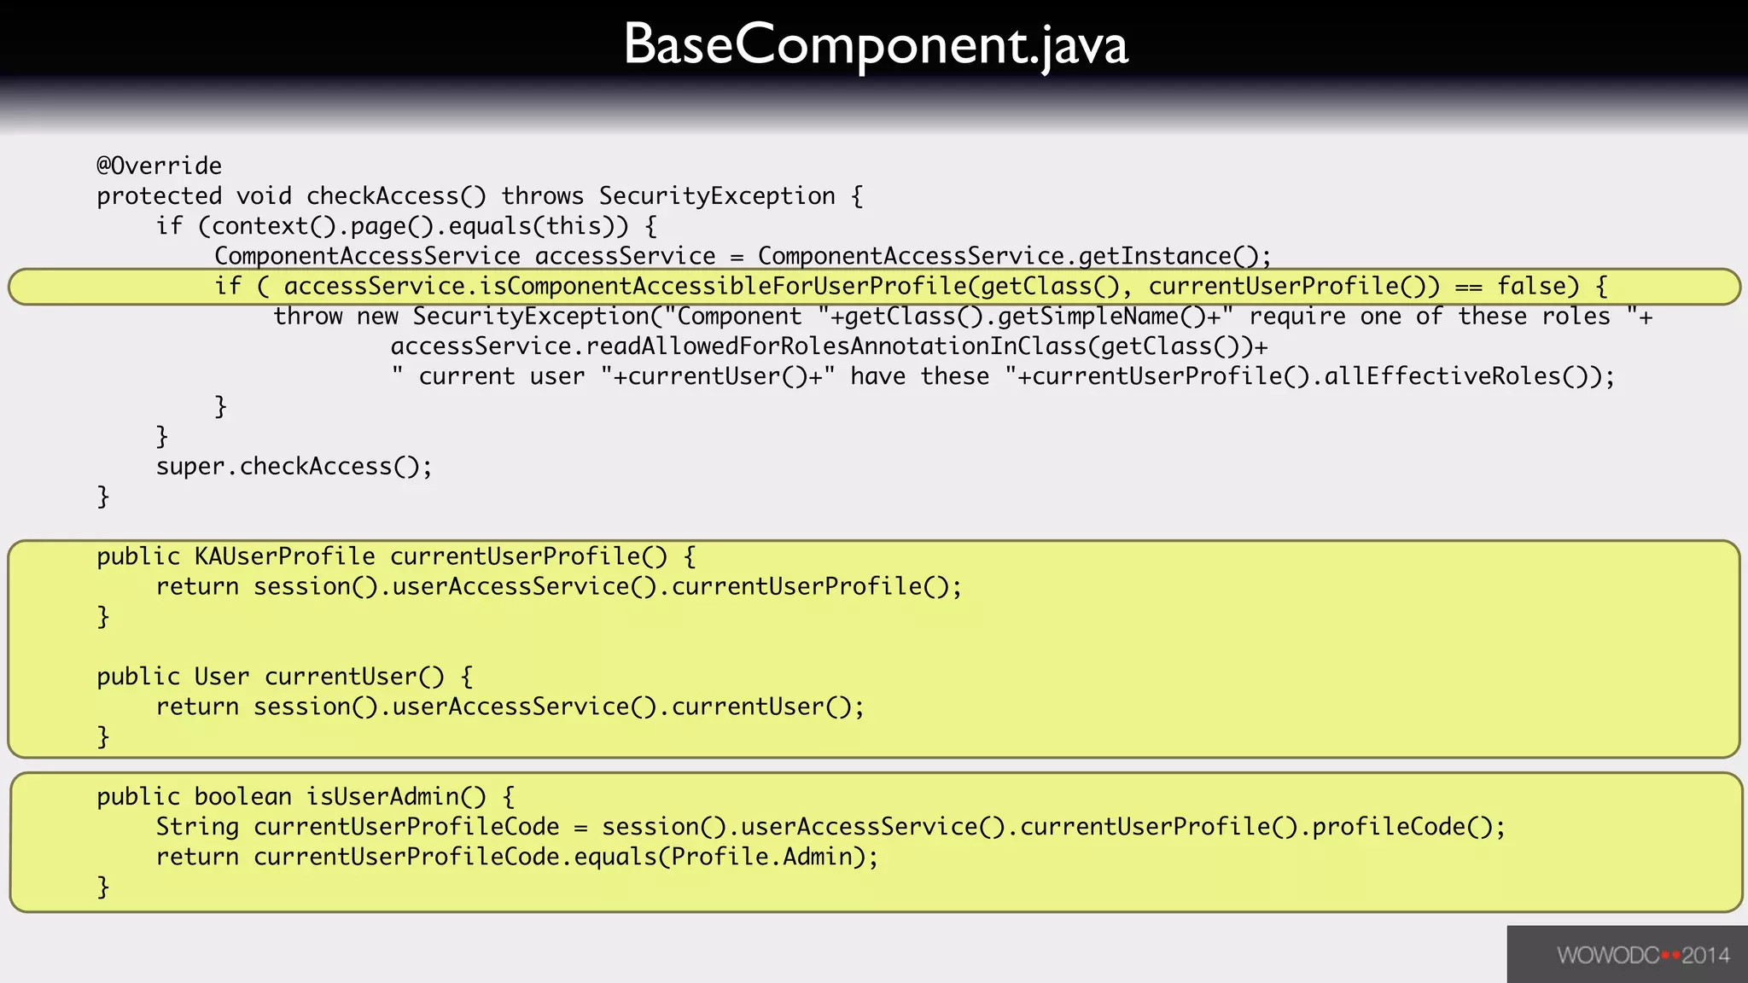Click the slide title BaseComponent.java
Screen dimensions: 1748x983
point(876,44)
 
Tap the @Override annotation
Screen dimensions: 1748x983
point(159,166)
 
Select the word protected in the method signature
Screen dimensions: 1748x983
point(159,196)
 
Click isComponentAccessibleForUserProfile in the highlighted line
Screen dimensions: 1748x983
point(723,286)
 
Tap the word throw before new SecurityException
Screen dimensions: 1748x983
point(307,317)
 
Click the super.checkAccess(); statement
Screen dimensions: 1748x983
point(294,467)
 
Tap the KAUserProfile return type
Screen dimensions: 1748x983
point(284,556)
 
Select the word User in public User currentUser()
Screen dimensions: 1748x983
point(221,677)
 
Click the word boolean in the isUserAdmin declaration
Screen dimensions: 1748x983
point(242,797)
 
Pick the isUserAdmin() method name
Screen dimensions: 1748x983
point(395,797)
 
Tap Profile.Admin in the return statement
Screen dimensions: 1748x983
point(761,857)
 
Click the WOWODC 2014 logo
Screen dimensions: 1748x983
point(1642,955)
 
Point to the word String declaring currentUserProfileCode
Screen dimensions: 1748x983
point(197,827)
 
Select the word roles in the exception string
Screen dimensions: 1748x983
point(1576,317)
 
